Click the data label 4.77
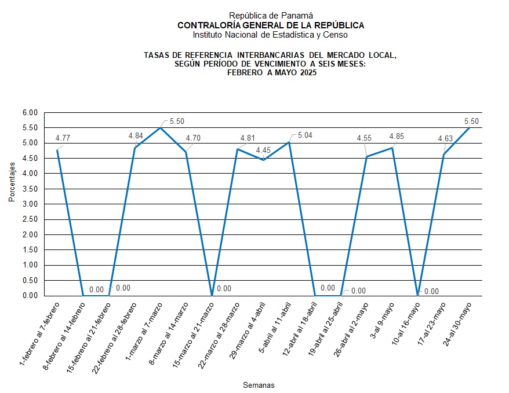[63, 138]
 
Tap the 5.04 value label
[305, 135]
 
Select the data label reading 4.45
[264, 150]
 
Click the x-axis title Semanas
[259, 385]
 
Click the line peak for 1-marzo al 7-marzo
[160, 127]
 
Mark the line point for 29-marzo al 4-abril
[263, 160]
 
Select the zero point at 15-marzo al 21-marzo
[212, 295]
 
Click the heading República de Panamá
[263, 16]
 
